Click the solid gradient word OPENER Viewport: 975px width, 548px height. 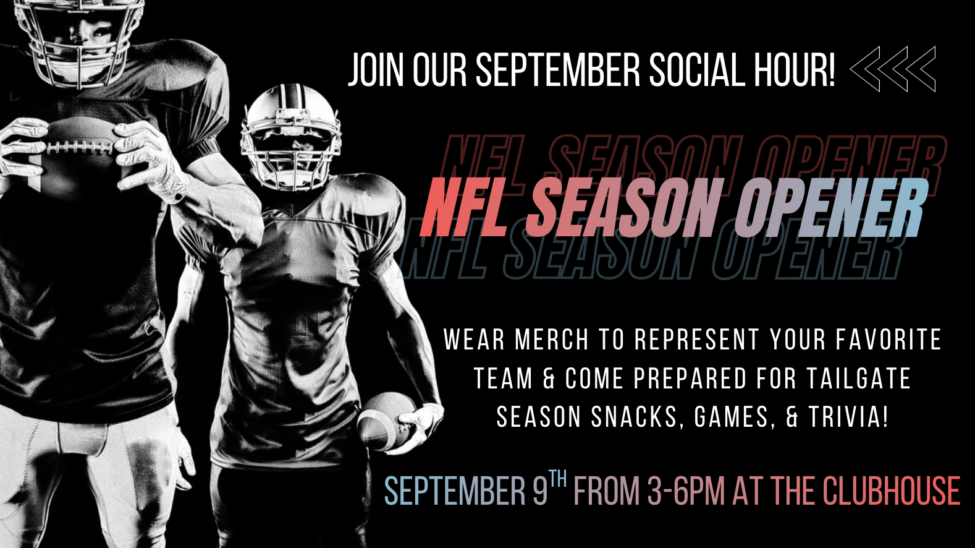[831, 207]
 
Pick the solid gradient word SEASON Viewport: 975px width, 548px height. [624, 207]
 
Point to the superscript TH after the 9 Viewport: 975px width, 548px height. [558, 479]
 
